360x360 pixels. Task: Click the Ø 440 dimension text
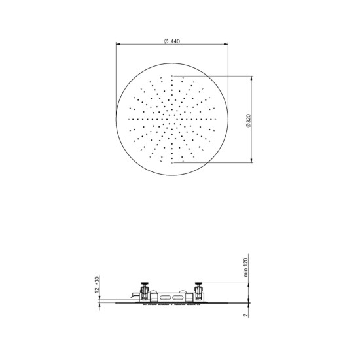click(173, 41)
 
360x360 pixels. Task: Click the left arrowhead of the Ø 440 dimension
click(118, 45)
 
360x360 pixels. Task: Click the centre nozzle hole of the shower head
click(173, 120)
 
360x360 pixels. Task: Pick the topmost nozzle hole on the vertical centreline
click(173, 78)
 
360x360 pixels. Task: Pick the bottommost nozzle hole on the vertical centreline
click(173, 162)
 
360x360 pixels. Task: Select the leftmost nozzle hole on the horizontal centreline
click(131, 120)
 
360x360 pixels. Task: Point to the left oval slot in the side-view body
click(162, 299)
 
